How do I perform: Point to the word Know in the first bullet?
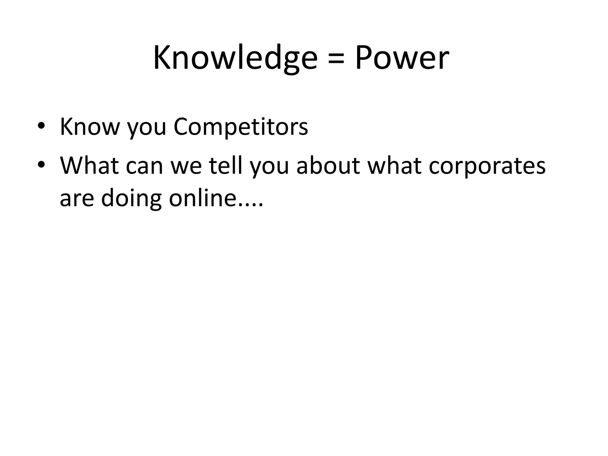point(90,127)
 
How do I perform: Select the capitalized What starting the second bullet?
point(89,165)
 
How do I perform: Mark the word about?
point(328,165)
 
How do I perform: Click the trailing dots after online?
point(251,205)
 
